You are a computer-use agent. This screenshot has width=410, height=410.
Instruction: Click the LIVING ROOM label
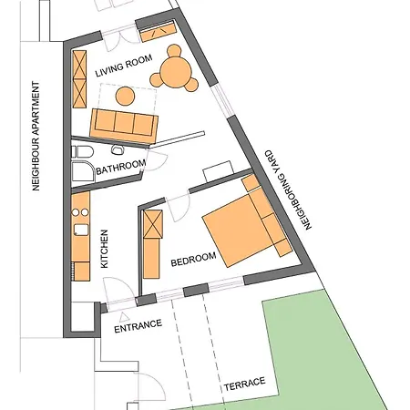point(124,66)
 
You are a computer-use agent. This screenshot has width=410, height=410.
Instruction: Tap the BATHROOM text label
point(121,168)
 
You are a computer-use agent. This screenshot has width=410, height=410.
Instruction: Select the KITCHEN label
point(104,249)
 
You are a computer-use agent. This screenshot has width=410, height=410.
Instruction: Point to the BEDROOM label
point(193,259)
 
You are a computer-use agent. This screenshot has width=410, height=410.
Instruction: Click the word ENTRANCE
point(138,326)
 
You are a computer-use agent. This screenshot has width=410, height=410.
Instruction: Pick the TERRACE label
point(245,384)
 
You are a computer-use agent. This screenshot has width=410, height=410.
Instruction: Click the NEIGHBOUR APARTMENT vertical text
point(36,136)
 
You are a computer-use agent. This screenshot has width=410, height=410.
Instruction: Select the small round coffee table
point(125,97)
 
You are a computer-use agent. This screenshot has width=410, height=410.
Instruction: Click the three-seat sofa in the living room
point(124,126)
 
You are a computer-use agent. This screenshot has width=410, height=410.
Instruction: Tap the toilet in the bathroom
point(82,151)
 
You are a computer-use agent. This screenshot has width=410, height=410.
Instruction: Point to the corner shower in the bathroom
point(83,171)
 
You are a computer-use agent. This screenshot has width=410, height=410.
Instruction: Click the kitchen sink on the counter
point(81,230)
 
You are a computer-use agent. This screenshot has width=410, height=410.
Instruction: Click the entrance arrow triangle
point(124,317)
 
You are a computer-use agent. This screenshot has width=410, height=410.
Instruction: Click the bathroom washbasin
point(118,149)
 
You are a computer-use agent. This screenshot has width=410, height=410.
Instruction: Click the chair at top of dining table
point(174,51)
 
